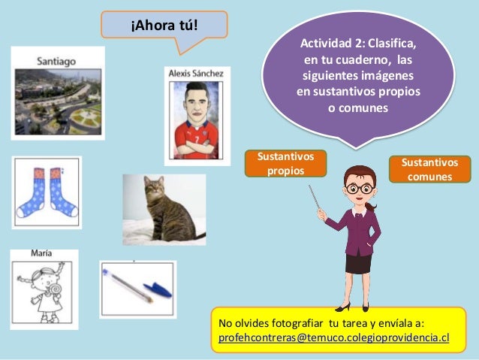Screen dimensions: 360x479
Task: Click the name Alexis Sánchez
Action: (x=197, y=73)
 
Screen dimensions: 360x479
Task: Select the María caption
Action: (x=42, y=254)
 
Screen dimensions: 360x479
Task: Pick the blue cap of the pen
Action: (x=157, y=289)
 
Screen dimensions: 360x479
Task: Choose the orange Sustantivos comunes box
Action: (x=429, y=169)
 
